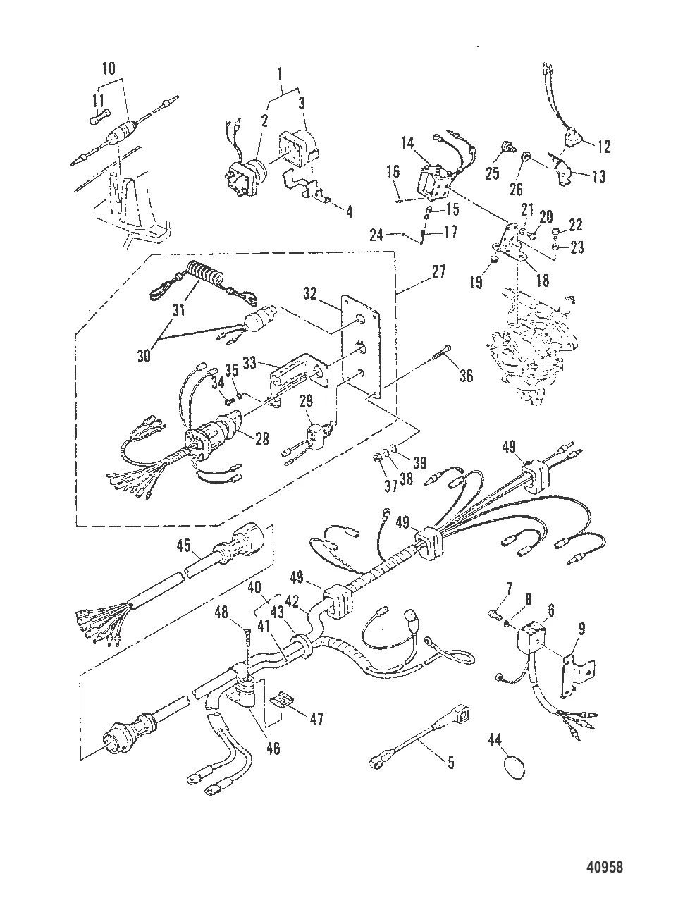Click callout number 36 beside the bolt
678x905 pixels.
467,376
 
